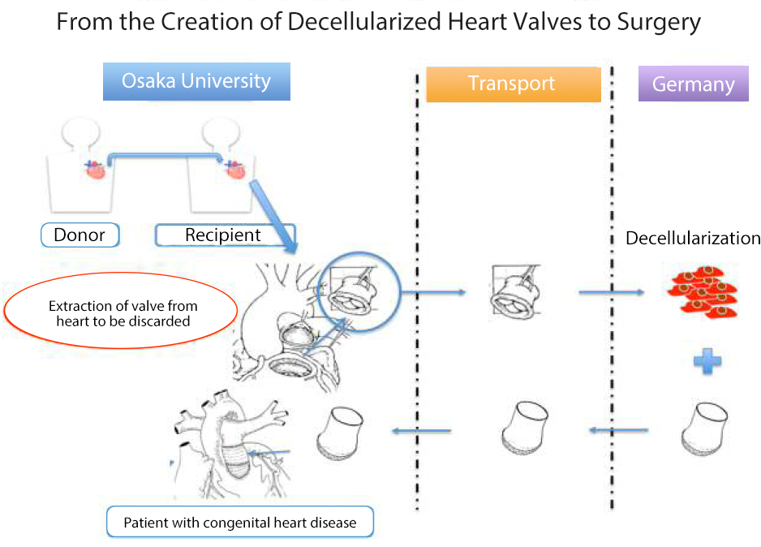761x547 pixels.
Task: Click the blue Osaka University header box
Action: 196,82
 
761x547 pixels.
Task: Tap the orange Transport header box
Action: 513,84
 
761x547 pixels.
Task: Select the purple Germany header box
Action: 693,84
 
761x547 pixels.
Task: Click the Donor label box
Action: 80,235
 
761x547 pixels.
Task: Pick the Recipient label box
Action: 224,235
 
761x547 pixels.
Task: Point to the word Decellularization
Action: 692,239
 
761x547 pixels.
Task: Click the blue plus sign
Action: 707,361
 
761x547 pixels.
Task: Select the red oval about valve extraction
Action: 121,313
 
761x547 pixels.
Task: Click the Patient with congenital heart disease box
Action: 240,522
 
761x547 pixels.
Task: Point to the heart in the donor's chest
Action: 96,170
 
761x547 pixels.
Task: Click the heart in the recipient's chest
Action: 236,170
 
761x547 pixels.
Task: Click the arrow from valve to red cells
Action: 610,292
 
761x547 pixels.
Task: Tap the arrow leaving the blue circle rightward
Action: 433,291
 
